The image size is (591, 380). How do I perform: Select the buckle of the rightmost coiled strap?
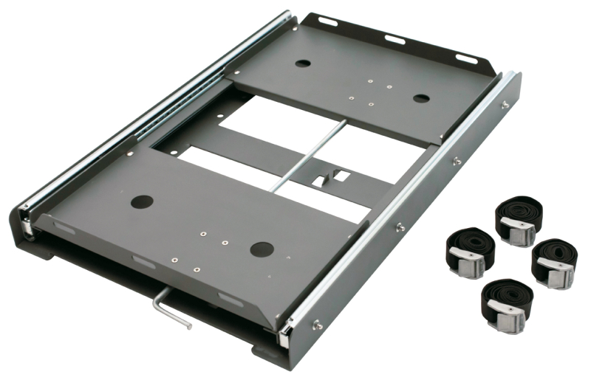pos(555,271)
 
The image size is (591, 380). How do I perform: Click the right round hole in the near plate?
pos(262,249)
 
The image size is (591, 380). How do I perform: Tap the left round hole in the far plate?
pos(303,63)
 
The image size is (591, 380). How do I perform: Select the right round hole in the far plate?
pos(420,98)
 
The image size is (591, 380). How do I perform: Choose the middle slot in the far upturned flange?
pos(394,39)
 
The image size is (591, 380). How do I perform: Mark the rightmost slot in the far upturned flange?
pos(465,58)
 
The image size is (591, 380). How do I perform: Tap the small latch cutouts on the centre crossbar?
pos(332,177)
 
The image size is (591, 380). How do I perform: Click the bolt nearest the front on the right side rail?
pos(318,322)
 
